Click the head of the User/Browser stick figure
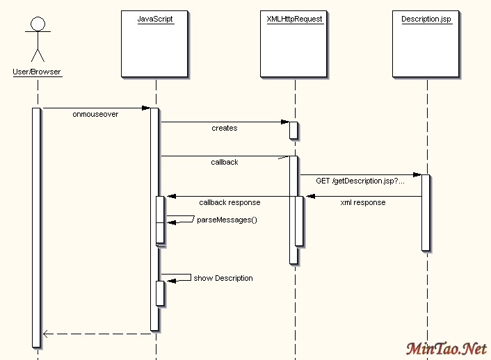pyautogui.click(x=38, y=25)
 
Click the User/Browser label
pyautogui.click(x=37, y=72)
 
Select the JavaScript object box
pyautogui.click(x=155, y=43)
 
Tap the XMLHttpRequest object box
pyautogui.click(x=294, y=43)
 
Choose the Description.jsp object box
pyautogui.click(x=426, y=43)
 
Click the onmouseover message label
pyautogui.click(x=95, y=114)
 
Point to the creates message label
pyautogui.click(x=224, y=128)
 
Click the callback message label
pyautogui.click(x=224, y=162)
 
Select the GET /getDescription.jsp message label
pyautogui.click(x=360, y=181)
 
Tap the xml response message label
pyautogui.click(x=362, y=202)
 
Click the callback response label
pyautogui.click(x=230, y=202)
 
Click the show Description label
pyautogui.click(x=223, y=278)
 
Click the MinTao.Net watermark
pyautogui.click(x=446, y=348)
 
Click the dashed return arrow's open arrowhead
pyautogui.click(x=46, y=334)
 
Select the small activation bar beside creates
pyautogui.click(x=293, y=130)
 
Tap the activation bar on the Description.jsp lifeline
pyautogui.click(x=426, y=212)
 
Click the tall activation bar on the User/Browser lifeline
pyautogui.click(x=36, y=227)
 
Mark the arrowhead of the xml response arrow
pyautogui.click(x=310, y=196)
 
